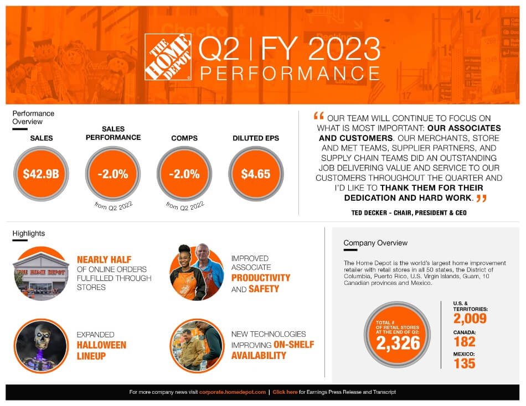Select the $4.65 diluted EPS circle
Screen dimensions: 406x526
[255, 174]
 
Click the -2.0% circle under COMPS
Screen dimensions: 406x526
[184, 174]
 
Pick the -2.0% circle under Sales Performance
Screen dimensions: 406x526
[112, 174]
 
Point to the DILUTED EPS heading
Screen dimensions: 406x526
[256, 138]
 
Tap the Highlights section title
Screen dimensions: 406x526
[28, 233]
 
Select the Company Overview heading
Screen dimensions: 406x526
[375, 243]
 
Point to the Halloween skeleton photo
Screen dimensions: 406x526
[40, 346]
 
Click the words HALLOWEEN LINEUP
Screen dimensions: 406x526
[101, 350]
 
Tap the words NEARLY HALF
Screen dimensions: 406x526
[104, 259]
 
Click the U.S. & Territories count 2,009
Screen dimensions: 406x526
[470, 319]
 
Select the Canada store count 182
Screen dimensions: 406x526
[464, 341]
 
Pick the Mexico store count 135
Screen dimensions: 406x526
[464, 363]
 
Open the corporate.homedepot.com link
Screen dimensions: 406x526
[233, 392]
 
